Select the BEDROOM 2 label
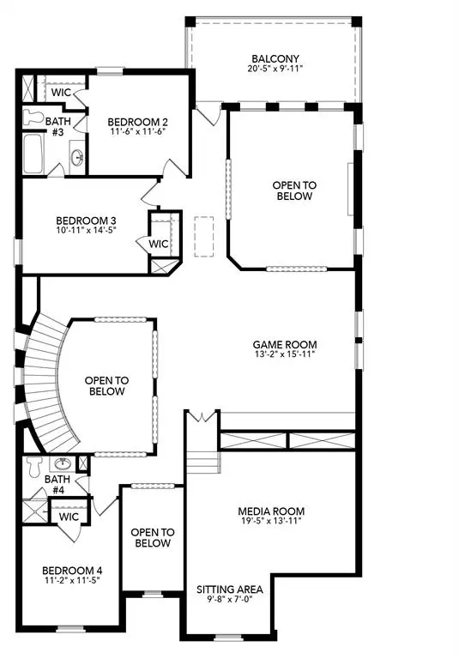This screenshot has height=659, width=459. [136, 122]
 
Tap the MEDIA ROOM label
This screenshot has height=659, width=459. [271, 511]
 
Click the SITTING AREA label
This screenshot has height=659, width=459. [230, 590]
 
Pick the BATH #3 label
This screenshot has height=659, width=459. [57, 126]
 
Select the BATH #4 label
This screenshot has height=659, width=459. [57, 485]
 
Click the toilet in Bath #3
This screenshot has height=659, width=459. [35, 115]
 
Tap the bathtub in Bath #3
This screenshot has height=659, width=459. [35, 152]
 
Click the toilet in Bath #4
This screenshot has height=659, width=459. [34, 467]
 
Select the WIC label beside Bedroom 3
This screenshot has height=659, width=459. [159, 243]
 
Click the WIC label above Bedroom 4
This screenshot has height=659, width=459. [69, 517]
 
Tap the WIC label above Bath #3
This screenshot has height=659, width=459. [61, 92]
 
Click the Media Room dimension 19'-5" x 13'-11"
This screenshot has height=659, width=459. [271, 523]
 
